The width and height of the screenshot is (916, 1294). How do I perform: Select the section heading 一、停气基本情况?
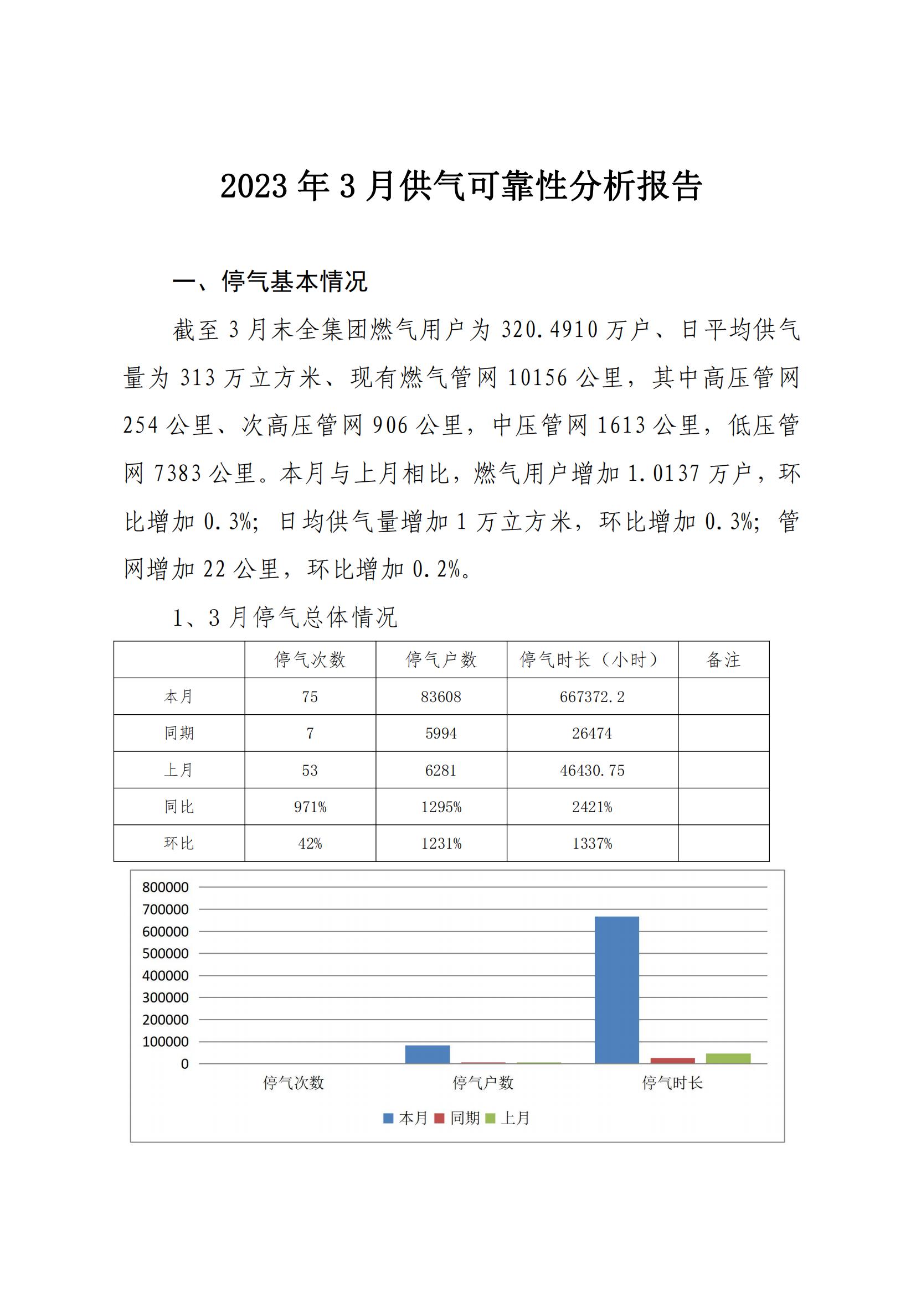(x=270, y=281)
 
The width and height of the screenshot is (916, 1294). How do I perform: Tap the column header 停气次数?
(x=310, y=659)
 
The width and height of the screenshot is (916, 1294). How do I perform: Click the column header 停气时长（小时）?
(x=591, y=659)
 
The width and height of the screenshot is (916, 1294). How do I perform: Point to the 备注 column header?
(x=723, y=659)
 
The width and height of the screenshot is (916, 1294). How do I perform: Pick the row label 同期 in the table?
(x=179, y=733)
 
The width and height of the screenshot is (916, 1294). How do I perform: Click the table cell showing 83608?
(x=440, y=697)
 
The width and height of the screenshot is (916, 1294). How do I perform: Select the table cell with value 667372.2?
(x=591, y=697)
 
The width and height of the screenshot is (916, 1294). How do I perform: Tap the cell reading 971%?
(x=310, y=807)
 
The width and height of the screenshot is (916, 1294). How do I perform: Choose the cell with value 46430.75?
(x=591, y=771)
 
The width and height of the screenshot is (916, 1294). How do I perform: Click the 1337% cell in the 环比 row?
(x=591, y=844)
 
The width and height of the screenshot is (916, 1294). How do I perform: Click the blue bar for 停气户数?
(x=428, y=1054)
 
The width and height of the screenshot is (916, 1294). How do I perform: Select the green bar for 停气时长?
(x=728, y=1058)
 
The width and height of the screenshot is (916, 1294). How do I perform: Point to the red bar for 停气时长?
(x=672, y=1061)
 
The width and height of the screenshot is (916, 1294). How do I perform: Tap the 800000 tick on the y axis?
(x=165, y=887)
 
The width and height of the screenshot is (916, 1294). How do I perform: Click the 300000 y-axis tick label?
(x=165, y=997)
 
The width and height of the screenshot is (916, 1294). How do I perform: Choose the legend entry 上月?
(x=508, y=1118)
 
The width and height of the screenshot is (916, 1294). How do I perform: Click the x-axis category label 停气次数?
(x=294, y=1083)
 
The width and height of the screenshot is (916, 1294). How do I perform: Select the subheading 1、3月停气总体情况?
(x=285, y=618)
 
